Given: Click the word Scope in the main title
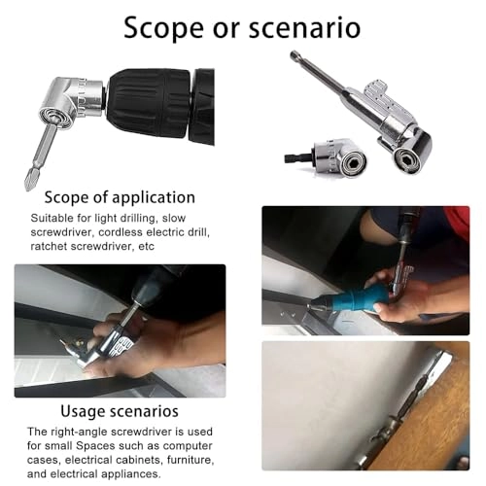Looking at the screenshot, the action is tap(164, 28).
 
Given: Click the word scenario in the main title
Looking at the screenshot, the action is tap(304, 28).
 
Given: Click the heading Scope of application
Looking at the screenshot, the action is tap(120, 197).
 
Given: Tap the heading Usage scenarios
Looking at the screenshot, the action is tap(120, 411).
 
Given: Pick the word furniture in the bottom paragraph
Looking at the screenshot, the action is tap(187, 460).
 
